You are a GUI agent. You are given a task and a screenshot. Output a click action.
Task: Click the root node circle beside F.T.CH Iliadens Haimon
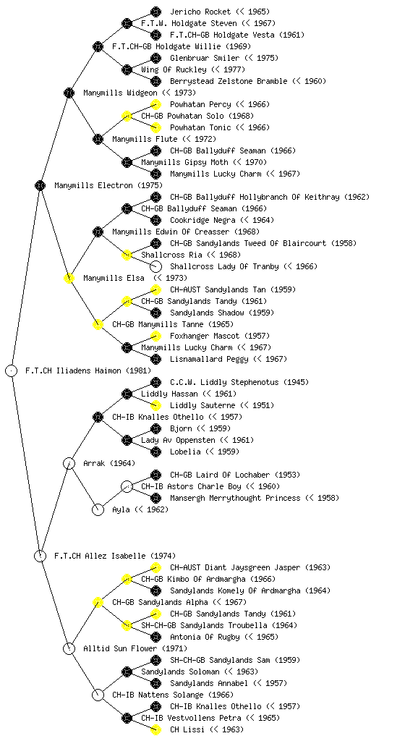(x=12, y=370)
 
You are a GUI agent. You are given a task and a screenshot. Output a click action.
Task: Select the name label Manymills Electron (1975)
(x=108, y=185)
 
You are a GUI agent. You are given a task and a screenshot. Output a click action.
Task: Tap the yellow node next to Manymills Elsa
(x=69, y=278)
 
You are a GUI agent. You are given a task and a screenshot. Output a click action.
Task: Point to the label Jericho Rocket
(x=200, y=12)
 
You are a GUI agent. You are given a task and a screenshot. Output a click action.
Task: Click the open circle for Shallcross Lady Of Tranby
(x=155, y=266)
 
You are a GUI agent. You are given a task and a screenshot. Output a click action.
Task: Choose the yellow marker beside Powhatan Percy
(x=155, y=104)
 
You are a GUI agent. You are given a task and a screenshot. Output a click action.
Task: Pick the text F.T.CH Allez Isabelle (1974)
(x=115, y=556)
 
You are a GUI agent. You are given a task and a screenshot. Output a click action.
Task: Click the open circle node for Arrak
(x=69, y=463)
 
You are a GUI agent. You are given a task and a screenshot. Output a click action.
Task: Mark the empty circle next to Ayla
(x=98, y=509)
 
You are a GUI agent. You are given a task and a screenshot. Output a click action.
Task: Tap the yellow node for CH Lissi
(x=155, y=729)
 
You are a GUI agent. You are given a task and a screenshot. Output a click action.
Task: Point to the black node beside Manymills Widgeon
(x=69, y=93)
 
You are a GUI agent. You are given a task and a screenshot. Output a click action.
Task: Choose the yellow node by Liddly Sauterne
(x=155, y=405)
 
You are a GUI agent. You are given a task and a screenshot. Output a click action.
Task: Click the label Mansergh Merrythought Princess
(x=235, y=498)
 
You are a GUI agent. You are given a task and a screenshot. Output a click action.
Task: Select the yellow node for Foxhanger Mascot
(x=155, y=336)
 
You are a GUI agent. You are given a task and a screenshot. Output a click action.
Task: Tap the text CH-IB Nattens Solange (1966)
(x=173, y=695)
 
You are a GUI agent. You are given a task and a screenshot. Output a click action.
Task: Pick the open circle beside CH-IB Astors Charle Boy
(x=127, y=486)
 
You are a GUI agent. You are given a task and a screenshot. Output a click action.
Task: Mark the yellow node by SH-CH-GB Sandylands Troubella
(x=127, y=625)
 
